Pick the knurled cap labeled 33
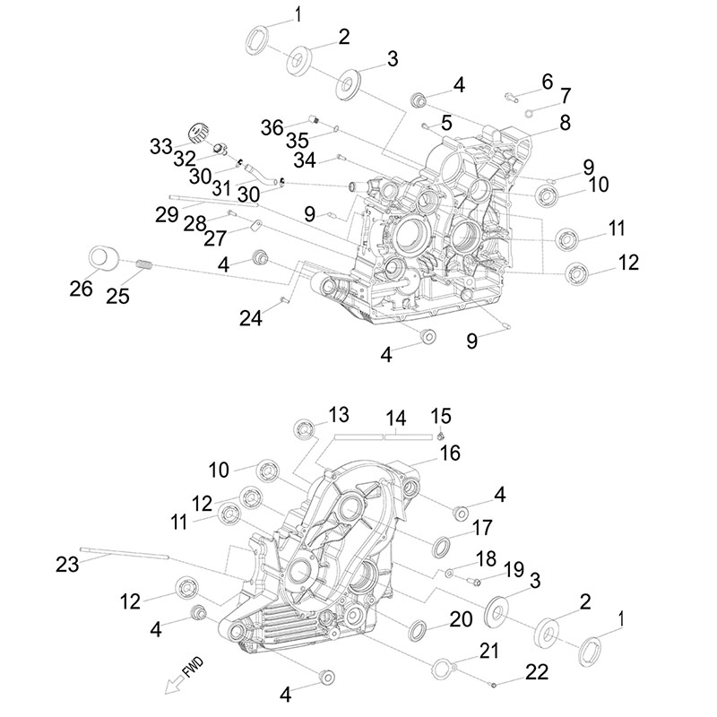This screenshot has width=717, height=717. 198,134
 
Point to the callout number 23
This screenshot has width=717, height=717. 68,565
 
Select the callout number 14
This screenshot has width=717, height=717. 396,418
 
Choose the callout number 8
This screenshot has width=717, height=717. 566,124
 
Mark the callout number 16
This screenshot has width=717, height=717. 449,454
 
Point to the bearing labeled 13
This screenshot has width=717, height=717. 307,428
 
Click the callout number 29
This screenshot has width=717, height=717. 166,215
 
